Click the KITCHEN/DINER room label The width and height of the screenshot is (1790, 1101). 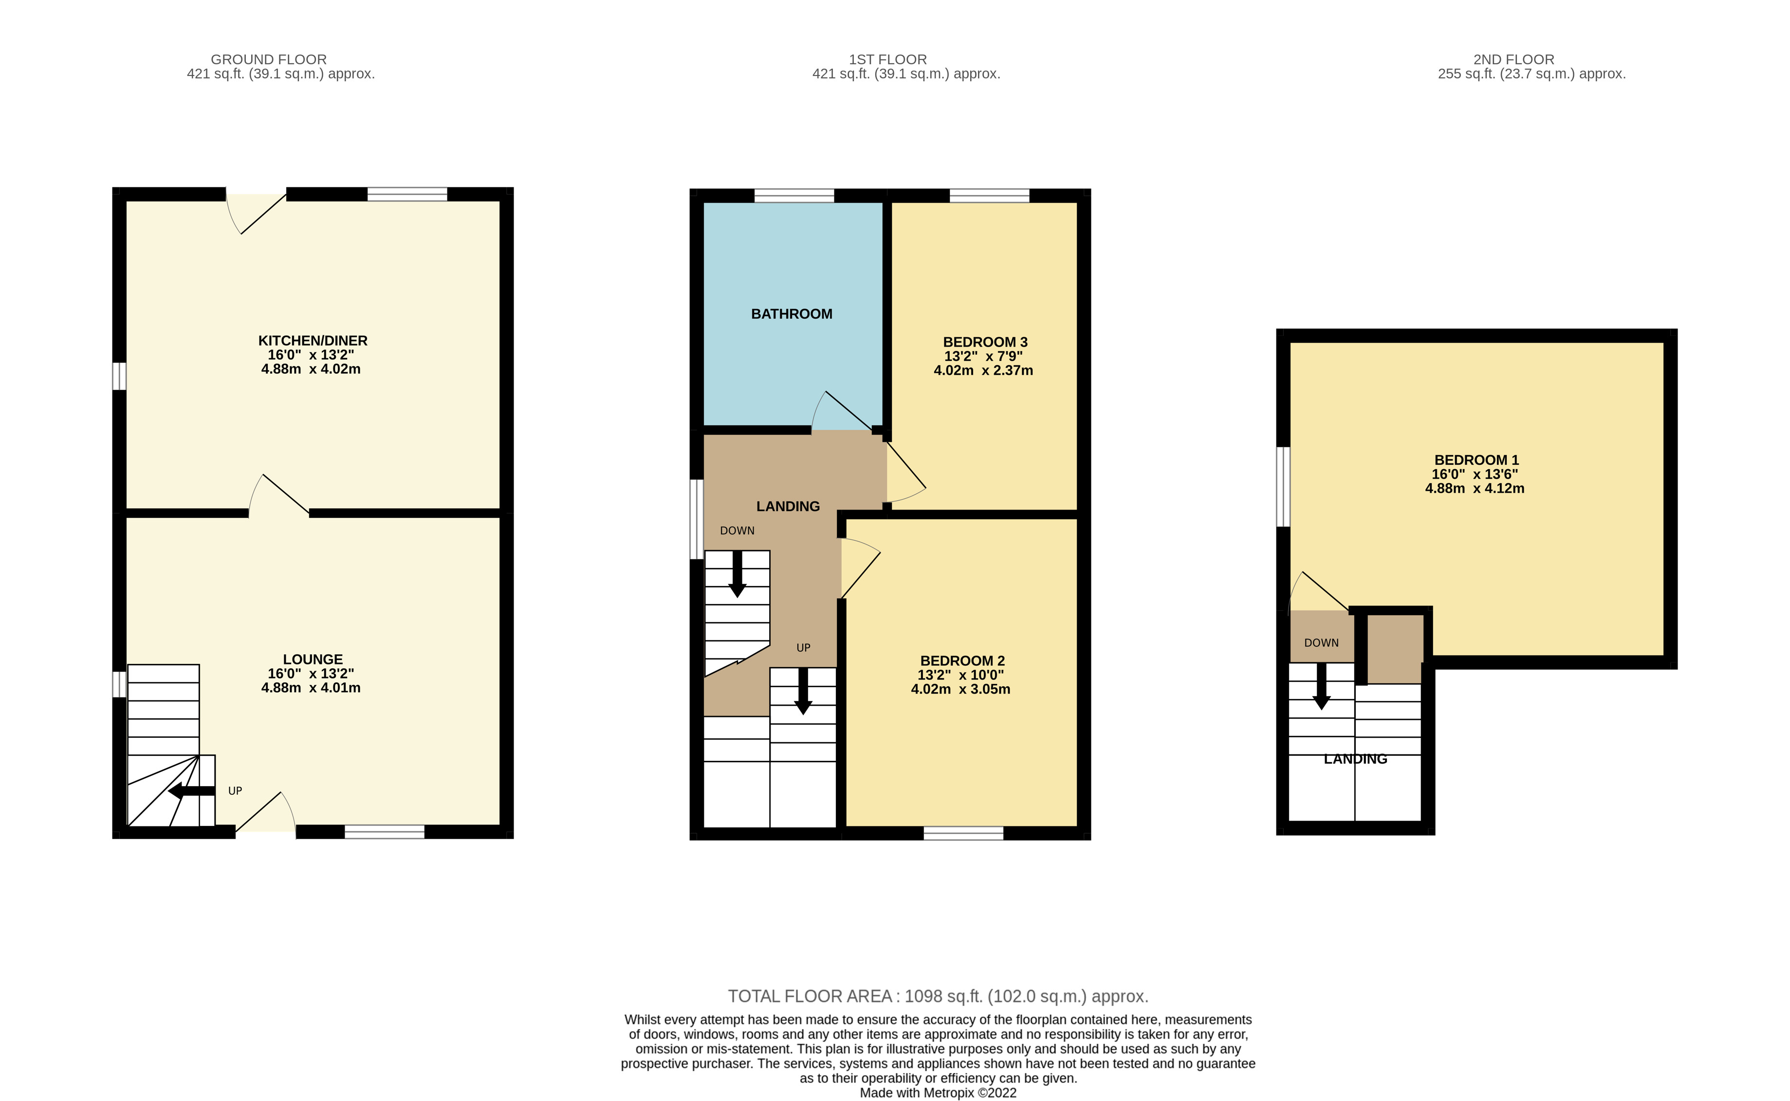313,341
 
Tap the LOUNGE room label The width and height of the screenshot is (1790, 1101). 313,659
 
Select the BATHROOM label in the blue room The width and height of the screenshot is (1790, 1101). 792,314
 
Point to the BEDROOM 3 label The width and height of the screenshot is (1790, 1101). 984,342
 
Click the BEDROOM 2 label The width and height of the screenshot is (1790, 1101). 962,661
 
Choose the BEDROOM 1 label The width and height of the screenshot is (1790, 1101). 1476,460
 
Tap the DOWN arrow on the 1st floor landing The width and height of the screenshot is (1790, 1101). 737,574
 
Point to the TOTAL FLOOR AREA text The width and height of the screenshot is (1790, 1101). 938,996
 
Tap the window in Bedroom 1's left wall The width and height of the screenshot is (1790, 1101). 1284,486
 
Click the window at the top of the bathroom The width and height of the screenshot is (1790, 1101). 794,195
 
